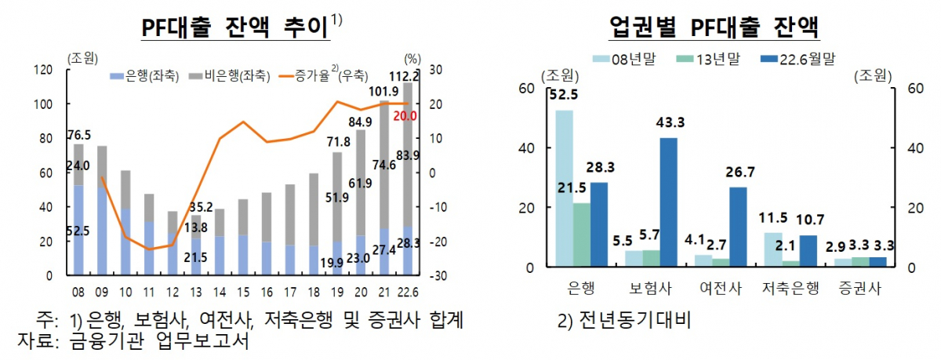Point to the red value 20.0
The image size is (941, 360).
(x=405, y=117)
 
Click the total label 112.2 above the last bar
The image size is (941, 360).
(x=406, y=76)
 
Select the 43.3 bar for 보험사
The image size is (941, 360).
(x=669, y=202)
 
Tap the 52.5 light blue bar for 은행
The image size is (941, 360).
(x=564, y=188)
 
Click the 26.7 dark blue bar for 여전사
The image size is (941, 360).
(x=738, y=227)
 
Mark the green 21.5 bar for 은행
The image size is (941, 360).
(x=581, y=235)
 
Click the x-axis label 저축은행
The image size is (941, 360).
(x=790, y=287)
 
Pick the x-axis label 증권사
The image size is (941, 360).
(x=860, y=287)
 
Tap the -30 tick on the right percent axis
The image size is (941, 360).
(x=436, y=276)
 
